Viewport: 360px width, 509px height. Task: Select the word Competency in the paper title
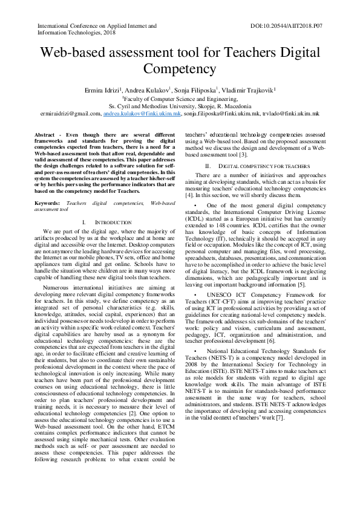pyautogui.click(x=180, y=69)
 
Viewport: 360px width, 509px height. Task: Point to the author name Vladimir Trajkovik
pyautogui.click(x=249, y=89)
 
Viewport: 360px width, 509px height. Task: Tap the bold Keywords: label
pyautogui.click(x=47, y=204)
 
